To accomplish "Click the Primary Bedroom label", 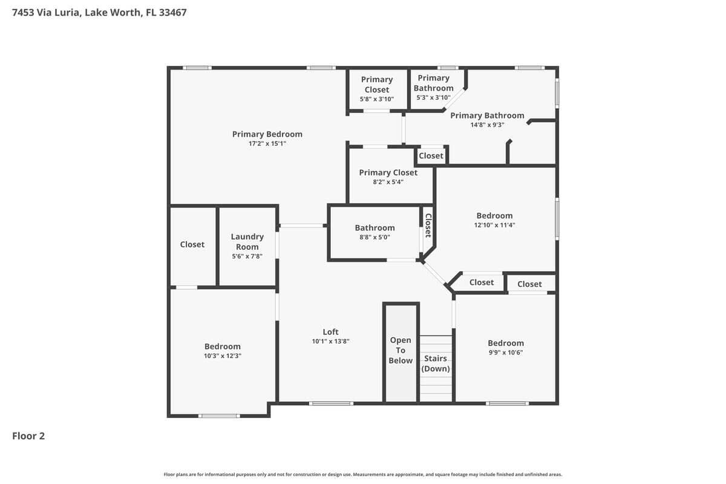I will click(x=267, y=134).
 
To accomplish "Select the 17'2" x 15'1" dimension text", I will click(x=267, y=144).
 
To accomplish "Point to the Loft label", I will click(x=330, y=332).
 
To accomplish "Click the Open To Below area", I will click(x=401, y=350).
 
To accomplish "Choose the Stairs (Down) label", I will click(x=436, y=364).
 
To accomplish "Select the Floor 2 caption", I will click(x=28, y=436).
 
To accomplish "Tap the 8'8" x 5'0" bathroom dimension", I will click(x=374, y=237).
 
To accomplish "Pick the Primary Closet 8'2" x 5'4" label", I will click(x=388, y=172).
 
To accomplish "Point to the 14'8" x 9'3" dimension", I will click(x=487, y=125).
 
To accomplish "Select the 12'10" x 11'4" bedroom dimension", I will click(x=494, y=225).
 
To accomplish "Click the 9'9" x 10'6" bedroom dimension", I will click(x=506, y=352).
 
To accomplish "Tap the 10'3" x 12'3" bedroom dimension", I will click(x=223, y=356).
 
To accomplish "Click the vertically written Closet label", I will click(x=428, y=225).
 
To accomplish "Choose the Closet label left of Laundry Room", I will click(x=192, y=244).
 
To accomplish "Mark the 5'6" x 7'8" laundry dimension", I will click(x=247, y=257).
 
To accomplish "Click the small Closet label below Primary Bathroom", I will click(x=431, y=155).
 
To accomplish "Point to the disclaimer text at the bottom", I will click(x=363, y=474).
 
